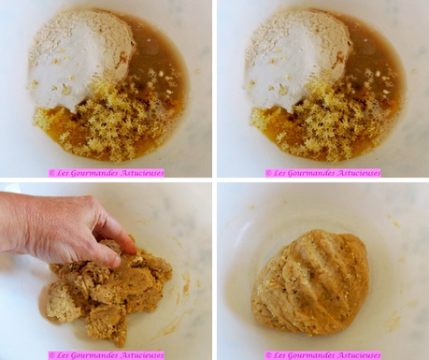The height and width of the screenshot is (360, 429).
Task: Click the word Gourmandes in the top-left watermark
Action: click(x=90, y=173)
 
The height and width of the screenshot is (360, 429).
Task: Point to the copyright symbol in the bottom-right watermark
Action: click(x=268, y=355)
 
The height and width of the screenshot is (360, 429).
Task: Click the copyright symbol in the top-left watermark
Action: click(x=51, y=173)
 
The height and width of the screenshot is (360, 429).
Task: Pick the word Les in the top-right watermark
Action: click(x=279, y=173)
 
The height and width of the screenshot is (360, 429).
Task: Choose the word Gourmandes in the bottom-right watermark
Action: click(x=307, y=355)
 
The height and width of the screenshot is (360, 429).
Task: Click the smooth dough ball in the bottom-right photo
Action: click(x=310, y=281)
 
